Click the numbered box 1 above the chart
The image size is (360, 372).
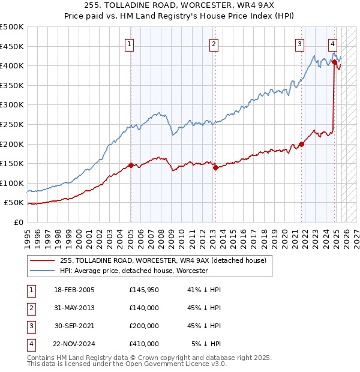[x=130, y=43]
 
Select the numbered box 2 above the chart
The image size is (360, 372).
[x=214, y=43]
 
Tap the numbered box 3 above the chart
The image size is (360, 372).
[x=299, y=43]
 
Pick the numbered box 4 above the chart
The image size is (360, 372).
[x=332, y=43]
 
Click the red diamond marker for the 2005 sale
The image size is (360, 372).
[x=131, y=165]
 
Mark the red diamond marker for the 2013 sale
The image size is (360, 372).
[x=215, y=167]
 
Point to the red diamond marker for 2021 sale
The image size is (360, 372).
[x=301, y=144]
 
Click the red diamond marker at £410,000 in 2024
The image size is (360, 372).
[x=334, y=62]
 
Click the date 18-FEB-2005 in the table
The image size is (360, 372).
[x=74, y=290]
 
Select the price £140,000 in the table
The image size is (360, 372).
[x=144, y=308]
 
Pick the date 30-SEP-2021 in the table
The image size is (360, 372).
[x=74, y=326]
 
